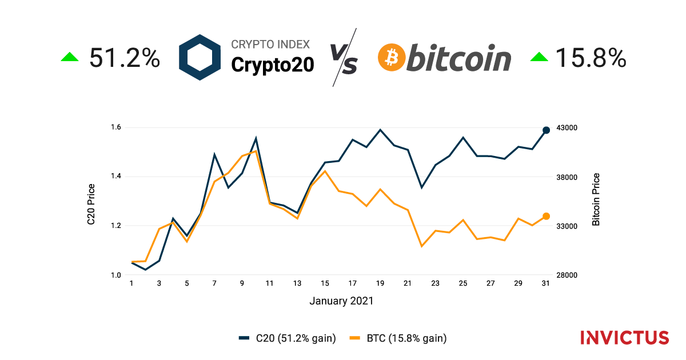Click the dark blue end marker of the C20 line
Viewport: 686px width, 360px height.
(546, 130)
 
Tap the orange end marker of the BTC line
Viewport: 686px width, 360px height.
(546, 216)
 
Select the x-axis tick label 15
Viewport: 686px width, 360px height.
(325, 283)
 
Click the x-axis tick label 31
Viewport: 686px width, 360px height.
(546, 283)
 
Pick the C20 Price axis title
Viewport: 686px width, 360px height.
(91, 204)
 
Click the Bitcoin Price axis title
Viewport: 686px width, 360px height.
(596, 199)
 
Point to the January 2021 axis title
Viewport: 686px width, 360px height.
(341, 301)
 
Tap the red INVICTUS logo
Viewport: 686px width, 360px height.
(624, 337)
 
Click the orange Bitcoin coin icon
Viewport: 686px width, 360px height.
(392, 57)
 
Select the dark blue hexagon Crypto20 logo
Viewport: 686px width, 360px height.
(200, 57)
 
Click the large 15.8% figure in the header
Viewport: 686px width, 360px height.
(591, 58)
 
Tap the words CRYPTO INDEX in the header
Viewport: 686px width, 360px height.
(270, 45)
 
